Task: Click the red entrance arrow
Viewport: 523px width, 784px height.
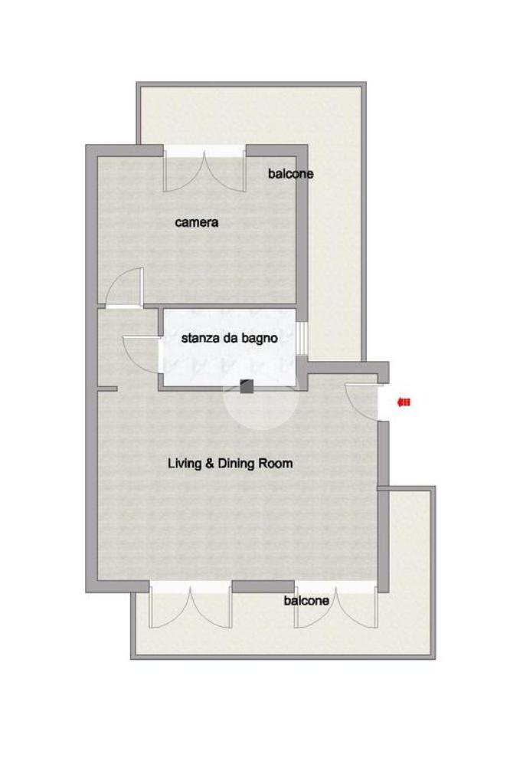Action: pos(404,402)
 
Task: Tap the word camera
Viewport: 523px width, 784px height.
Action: pos(196,222)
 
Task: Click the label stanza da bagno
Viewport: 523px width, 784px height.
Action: pos(229,338)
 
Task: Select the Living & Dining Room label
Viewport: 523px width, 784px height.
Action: pos(230,464)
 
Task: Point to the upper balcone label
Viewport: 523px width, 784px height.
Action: pos(291,173)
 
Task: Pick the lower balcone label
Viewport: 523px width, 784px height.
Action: pos(306,600)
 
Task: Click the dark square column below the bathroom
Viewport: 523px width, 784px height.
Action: pos(247,386)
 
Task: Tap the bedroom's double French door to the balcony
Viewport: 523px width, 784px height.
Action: pos(205,170)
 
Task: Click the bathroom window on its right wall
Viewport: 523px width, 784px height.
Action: pos(302,338)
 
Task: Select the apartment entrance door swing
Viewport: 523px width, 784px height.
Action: pos(361,401)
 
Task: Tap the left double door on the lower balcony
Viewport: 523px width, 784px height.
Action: pos(191,606)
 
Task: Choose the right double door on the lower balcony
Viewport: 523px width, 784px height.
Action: pos(335,606)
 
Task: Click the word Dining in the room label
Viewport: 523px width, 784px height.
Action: pos(236,464)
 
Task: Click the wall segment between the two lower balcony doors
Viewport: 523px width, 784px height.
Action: pos(263,586)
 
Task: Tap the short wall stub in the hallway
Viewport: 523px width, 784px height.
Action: pos(107,389)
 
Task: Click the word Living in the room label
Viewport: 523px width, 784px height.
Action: pos(185,464)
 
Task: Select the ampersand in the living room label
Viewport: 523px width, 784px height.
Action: pos(209,464)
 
